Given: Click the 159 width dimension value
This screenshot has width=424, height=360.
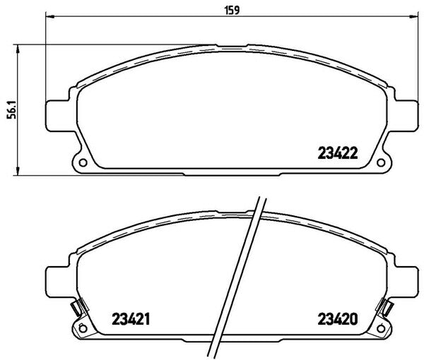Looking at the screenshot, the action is click(232, 11).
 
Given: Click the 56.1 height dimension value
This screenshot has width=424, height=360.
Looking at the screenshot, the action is click(12, 110).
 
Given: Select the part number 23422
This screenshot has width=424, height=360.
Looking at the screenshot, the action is click(338, 153).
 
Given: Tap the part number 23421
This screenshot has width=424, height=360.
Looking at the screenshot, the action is click(131, 319).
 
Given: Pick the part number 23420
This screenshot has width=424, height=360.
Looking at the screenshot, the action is click(338, 319).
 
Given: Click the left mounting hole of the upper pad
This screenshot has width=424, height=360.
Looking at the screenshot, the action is click(83, 163).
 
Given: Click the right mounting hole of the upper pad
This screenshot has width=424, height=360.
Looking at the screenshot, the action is click(381, 163).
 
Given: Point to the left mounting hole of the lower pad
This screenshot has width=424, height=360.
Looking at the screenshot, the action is click(83, 329).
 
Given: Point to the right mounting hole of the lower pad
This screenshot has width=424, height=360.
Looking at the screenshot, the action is click(381, 329).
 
